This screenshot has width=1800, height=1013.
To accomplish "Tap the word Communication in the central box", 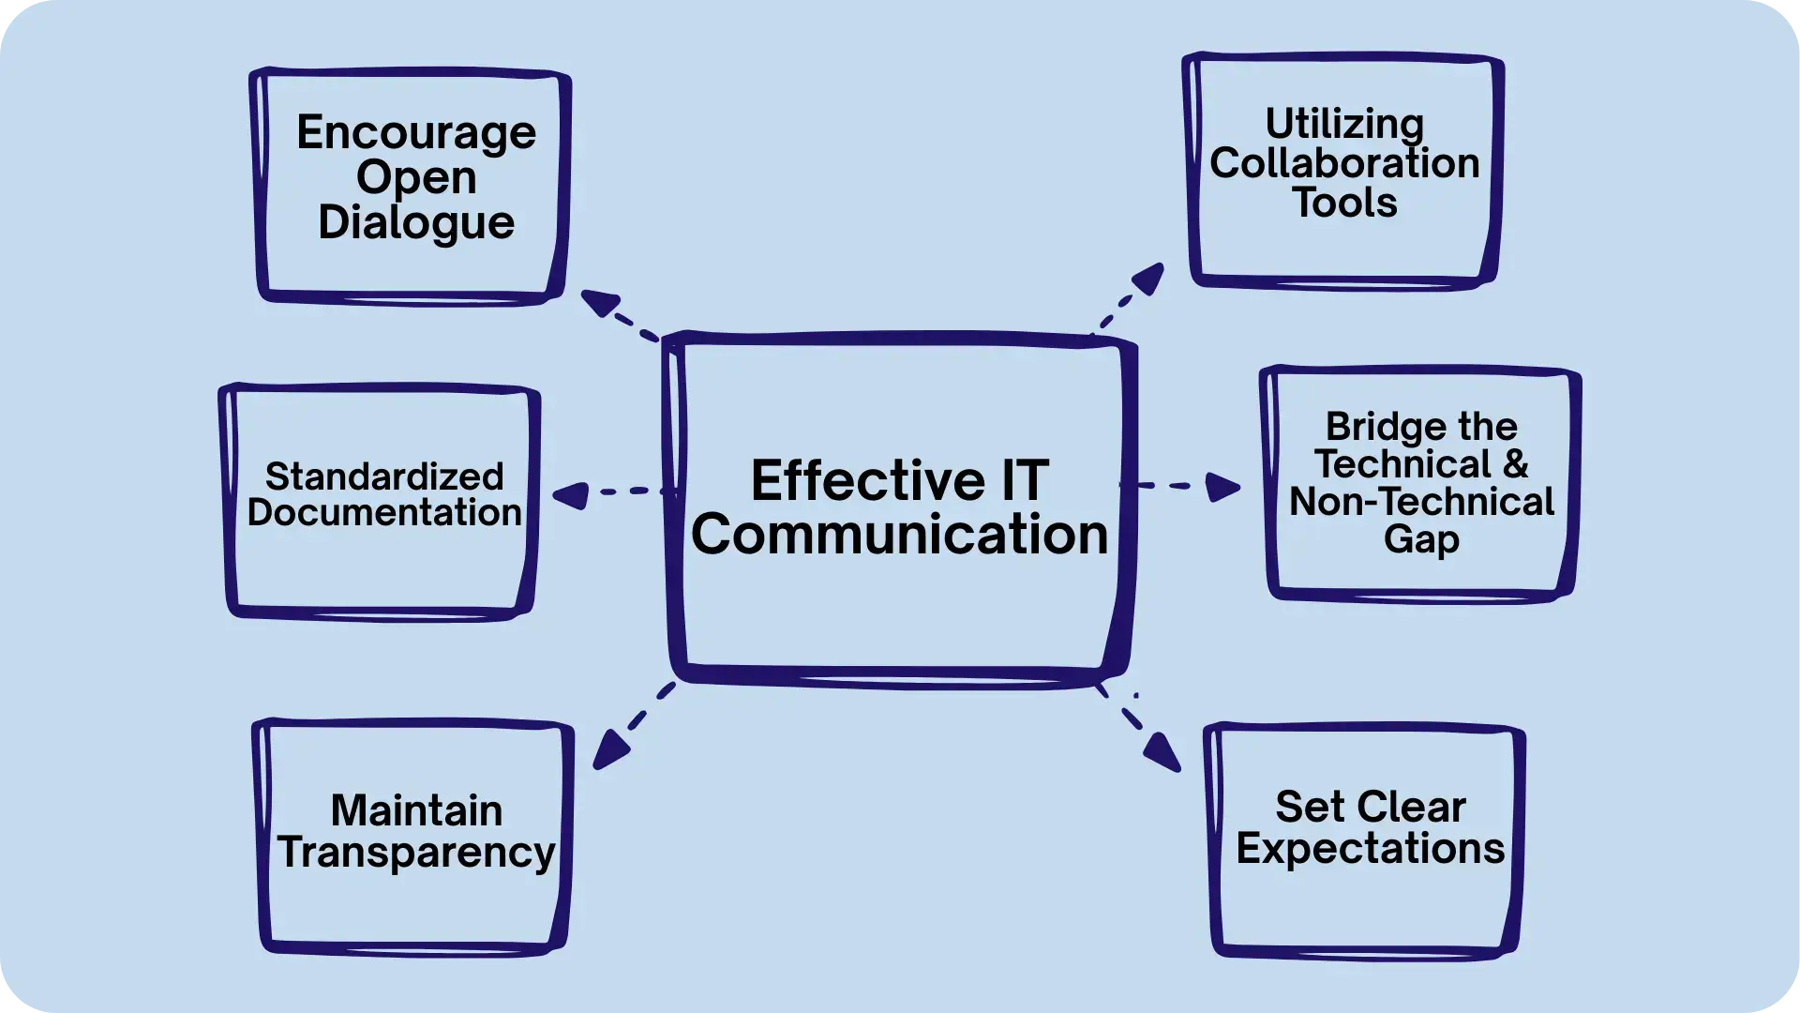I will pos(899,535).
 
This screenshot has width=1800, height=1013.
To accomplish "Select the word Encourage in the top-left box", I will pos(416,133).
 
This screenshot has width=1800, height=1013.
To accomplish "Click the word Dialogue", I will pos(416,223).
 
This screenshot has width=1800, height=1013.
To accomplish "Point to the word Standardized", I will pos(384,476).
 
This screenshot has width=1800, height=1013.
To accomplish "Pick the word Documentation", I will pos(384,513).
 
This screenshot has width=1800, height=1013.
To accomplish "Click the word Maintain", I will pos(416,810).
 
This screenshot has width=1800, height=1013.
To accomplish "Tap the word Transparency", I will pos(416,853).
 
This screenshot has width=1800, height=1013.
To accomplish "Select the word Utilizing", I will pos(1344,125).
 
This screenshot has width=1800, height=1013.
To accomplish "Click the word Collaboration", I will pos(1344,163).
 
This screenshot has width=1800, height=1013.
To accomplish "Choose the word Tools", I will pos(1344,203).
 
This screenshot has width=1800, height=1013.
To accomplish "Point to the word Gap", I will pos(1421,541).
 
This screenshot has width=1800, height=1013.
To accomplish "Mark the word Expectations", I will pos(1370,848).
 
